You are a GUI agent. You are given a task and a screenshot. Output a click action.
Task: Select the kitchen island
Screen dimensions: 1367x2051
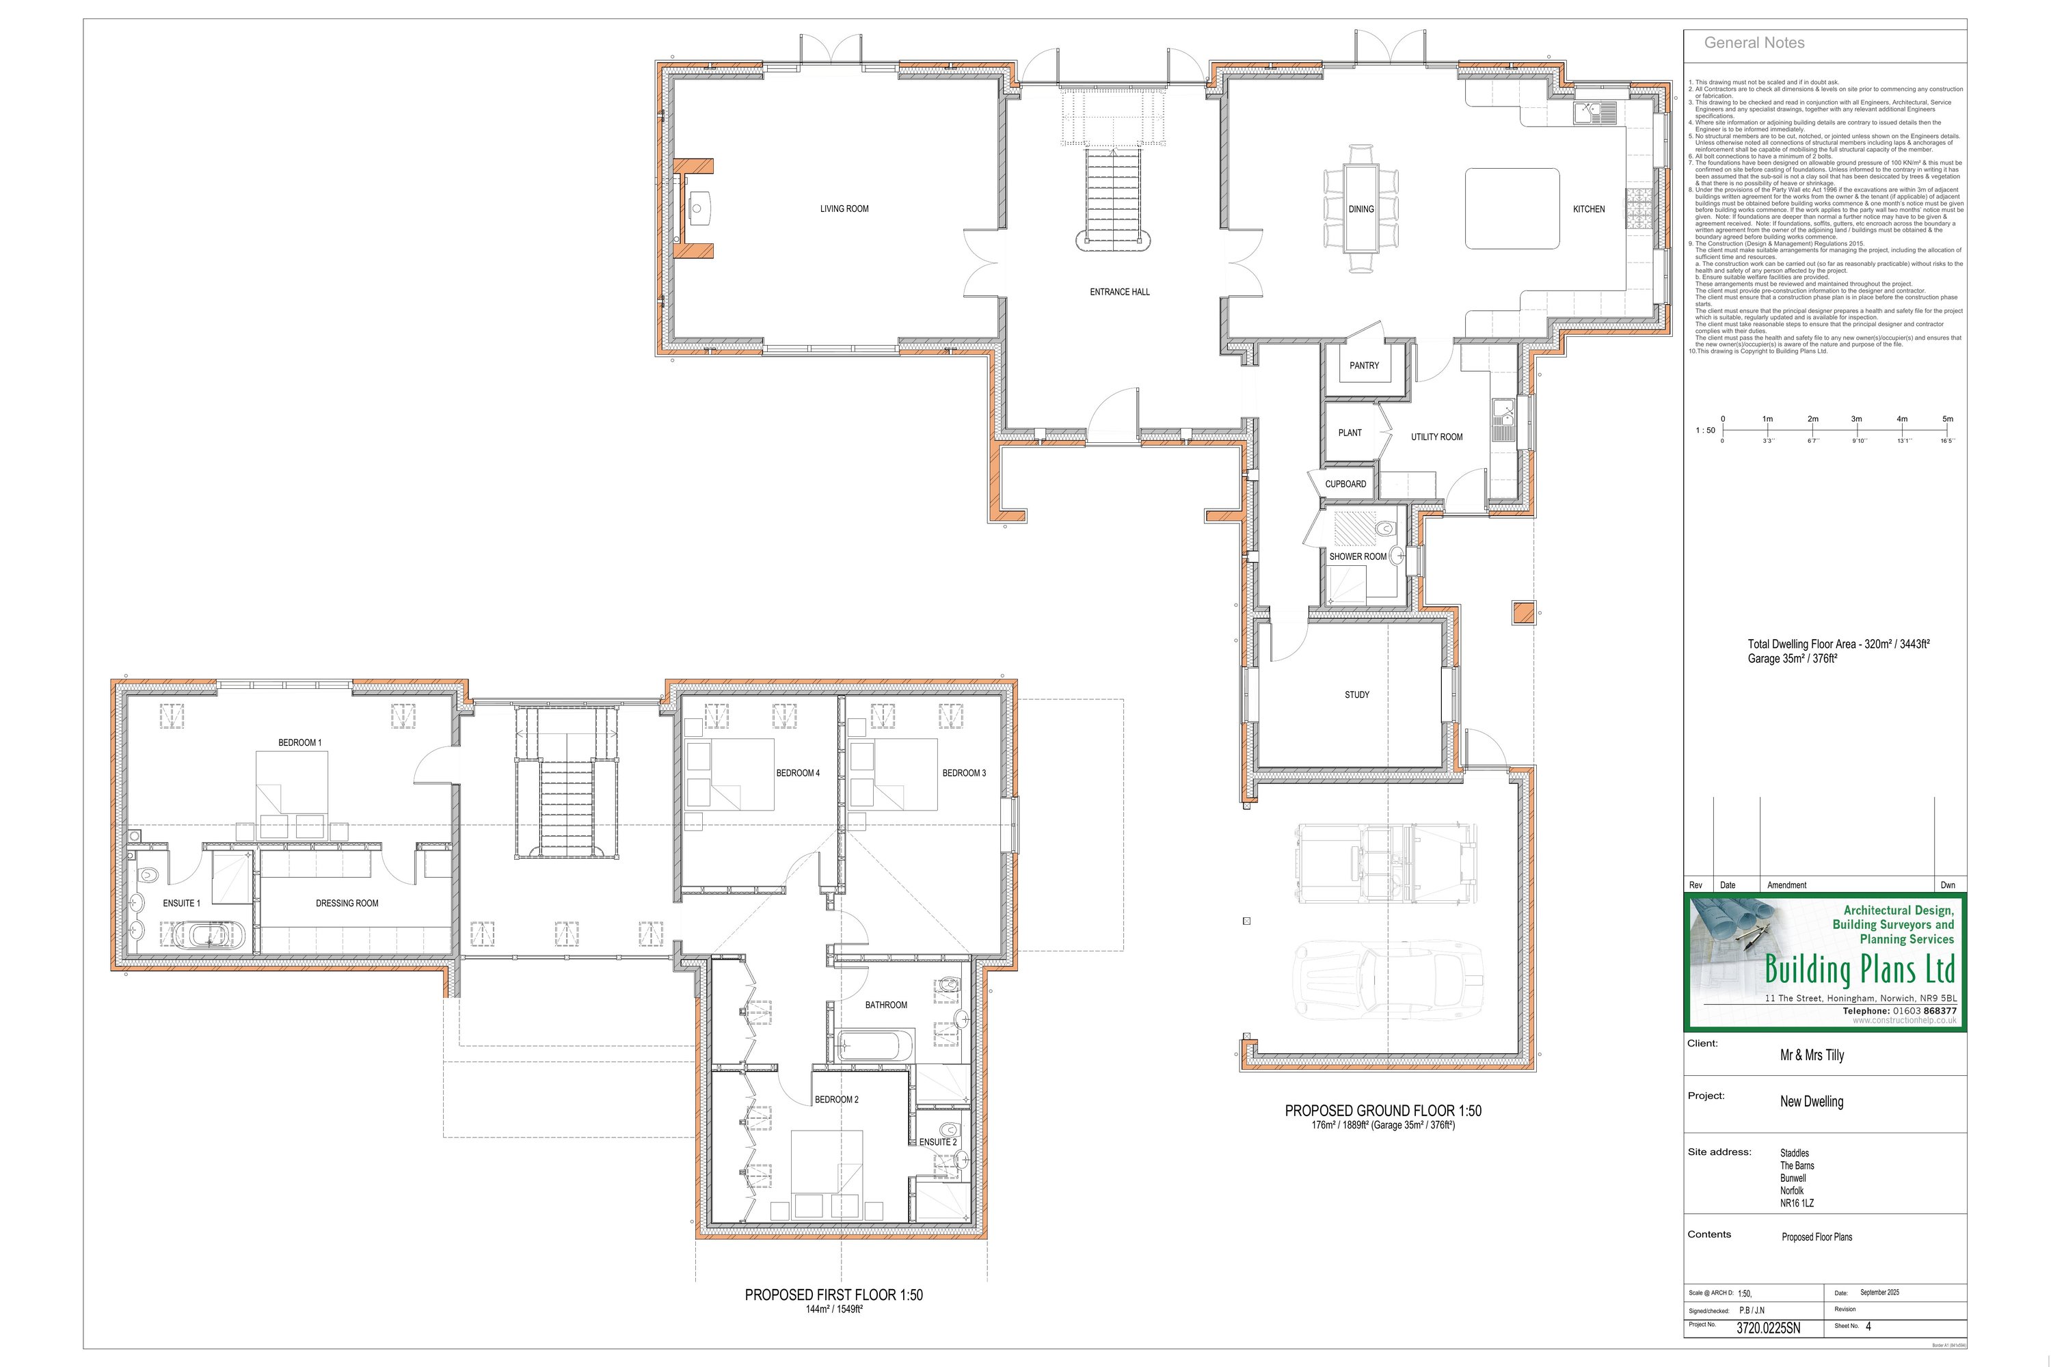point(1511,209)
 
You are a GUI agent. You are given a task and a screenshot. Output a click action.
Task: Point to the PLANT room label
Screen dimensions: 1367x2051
point(1349,433)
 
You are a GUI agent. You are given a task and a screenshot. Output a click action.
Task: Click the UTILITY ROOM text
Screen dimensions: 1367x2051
point(1436,437)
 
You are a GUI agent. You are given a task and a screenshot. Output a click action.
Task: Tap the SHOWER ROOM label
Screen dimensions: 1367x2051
point(1357,557)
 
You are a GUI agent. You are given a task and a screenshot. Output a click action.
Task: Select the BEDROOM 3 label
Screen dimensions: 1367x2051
point(963,773)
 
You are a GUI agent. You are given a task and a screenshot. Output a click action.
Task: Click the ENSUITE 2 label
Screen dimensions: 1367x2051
point(937,1142)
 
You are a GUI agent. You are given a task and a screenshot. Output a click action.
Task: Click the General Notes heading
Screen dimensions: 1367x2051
point(1754,42)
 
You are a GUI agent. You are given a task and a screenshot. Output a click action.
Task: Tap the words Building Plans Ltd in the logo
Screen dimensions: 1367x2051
point(1859,969)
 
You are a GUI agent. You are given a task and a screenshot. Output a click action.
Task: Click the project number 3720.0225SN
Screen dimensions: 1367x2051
point(1767,1329)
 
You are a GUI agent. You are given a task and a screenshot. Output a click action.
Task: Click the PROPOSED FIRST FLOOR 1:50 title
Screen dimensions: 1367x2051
point(833,1295)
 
